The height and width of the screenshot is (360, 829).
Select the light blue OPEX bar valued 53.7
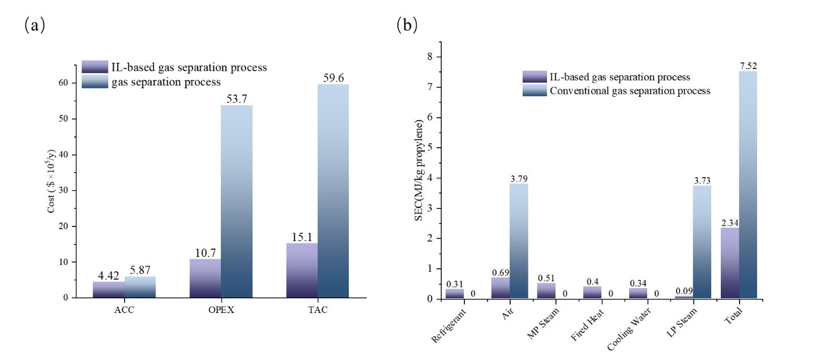pos(237,201)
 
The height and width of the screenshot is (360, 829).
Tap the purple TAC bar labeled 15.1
pos(302,270)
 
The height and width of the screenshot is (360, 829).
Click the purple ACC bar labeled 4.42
pos(108,289)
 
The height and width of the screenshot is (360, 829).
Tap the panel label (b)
pos(408,25)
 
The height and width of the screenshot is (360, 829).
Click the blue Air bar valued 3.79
pos(519,241)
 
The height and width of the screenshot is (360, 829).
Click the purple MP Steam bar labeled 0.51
pos(546,290)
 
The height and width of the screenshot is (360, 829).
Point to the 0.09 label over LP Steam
pos(684,292)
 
